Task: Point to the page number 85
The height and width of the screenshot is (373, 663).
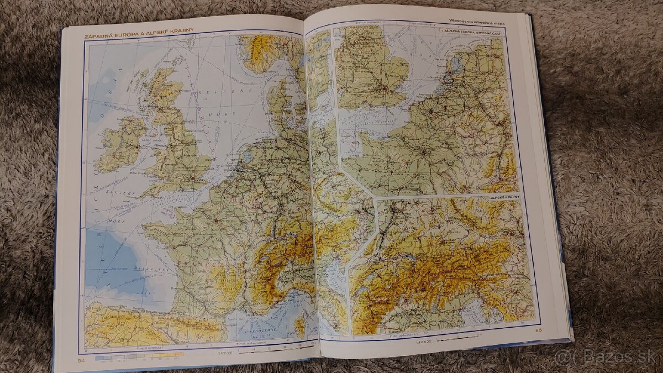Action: pos(539,330)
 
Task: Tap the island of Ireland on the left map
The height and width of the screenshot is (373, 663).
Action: pos(119,145)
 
